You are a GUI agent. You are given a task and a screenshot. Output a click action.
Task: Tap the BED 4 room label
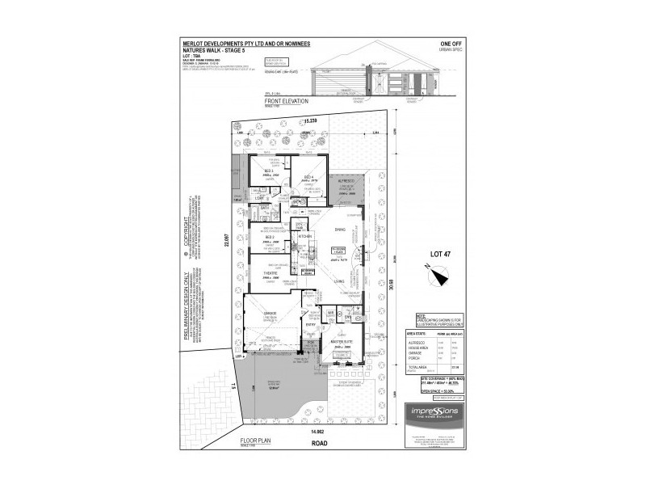click(308, 175)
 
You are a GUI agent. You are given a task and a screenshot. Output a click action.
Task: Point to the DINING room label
click(341, 229)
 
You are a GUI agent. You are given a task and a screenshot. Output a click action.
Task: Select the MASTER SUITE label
click(342, 343)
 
